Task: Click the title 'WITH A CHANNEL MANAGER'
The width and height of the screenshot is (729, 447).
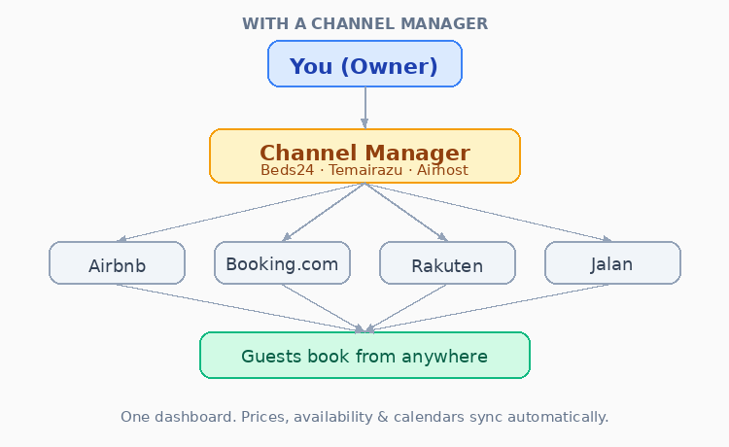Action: [x=364, y=23]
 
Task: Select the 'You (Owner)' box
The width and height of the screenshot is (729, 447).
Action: [x=364, y=65]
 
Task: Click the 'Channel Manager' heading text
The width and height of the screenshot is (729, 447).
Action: [x=364, y=153]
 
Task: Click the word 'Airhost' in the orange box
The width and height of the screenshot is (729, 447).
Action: [x=442, y=170]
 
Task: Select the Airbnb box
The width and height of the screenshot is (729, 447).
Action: [x=117, y=263]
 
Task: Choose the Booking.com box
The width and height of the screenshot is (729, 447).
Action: [x=282, y=263]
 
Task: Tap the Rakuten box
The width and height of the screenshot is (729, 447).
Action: [x=447, y=263]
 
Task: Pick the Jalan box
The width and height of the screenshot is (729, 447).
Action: [x=612, y=263]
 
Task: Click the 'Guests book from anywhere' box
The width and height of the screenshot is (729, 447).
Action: [x=364, y=356]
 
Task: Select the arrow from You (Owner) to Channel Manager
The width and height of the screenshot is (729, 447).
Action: [x=364, y=107]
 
